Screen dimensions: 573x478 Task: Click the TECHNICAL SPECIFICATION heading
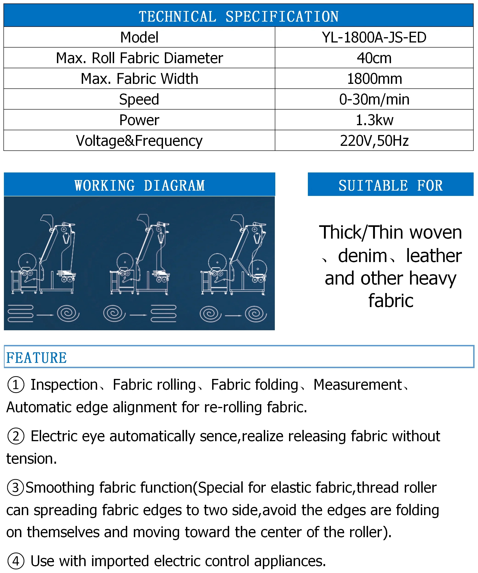click(x=239, y=16)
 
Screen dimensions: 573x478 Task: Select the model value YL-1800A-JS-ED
click(x=374, y=37)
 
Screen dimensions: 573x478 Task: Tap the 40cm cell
click(x=374, y=58)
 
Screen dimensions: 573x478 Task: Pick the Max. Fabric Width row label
click(x=139, y=79)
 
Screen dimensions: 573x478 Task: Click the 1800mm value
click(x=374, y=79)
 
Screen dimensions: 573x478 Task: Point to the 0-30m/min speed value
click(x=374, y=99)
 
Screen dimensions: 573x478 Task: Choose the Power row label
click(x=139, y=120)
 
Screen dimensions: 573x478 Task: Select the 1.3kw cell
click(x=374, y=120)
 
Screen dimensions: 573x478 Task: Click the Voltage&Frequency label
click(x=139, y=141)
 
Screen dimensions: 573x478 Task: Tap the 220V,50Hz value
click(x=374, y=141)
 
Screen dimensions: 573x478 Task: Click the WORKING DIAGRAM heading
click(x=139, y=186)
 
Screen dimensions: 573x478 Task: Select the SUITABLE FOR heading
click(x=391, y=186)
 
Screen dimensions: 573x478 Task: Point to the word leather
click(x=433, y=256)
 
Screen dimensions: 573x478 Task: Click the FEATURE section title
click(x=37, y=358)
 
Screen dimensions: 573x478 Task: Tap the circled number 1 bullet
click(x=16, y=385)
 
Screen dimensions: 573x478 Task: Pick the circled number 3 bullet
click(x=15, y=488)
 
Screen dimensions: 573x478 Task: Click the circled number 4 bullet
click(x=16, y=561)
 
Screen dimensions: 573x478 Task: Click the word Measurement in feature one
click(x=357, y=385)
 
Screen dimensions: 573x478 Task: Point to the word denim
click(x=362, y=256)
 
